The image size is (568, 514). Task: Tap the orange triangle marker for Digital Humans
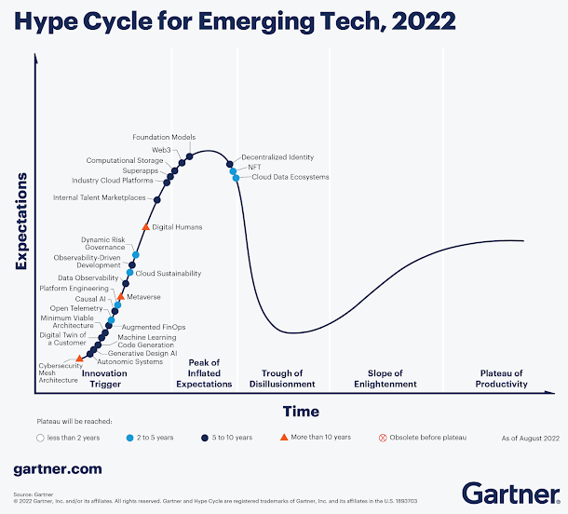click(145, 226)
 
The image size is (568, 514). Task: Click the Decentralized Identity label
click(277, 157)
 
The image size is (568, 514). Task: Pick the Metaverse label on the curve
click(143, 297)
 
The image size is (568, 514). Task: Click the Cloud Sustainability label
click(169, 274)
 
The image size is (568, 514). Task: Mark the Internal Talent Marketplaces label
click(100, 197)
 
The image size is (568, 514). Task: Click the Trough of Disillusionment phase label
click(282, 378)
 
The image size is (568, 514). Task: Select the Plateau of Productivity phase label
click(501, 378)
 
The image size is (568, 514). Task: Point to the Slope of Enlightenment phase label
click(385, 378)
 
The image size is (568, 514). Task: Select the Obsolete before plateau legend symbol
click(383, 436)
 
